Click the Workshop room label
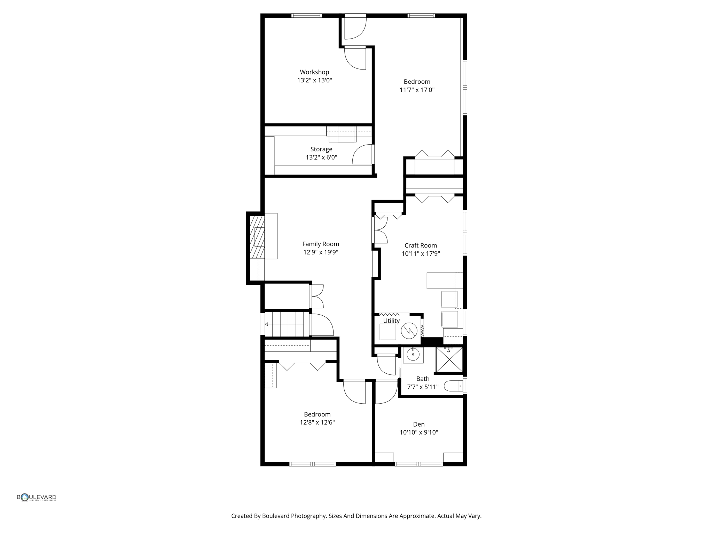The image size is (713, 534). (x=314, y=72)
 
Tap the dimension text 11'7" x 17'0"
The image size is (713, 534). (x=417, y=90)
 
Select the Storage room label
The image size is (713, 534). (x=321, y=149)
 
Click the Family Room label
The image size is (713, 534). (x=320, y=244)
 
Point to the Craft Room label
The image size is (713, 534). (x=421, y=245)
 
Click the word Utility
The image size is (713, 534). (x=391, y=321)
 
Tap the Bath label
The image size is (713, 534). (x=423, y=379)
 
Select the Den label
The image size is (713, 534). (x=418, y=424)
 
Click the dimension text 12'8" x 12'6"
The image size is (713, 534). (x=317, y=422)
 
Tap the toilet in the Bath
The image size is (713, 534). (x=453, y=386)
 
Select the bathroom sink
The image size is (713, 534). (x=413, y=355)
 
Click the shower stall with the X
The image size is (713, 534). (x=449, y=359)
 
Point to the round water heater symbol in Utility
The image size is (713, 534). (x=409, y=331)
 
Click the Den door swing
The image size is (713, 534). (x=386, y=392)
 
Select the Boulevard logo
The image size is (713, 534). (x=37, y=497)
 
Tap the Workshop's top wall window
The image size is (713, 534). (x=306, y=16)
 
